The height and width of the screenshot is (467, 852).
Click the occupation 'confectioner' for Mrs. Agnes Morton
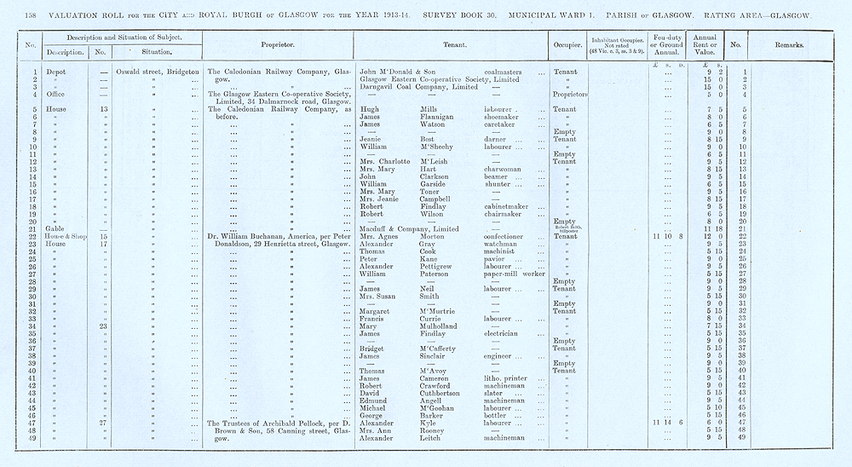(509, 236)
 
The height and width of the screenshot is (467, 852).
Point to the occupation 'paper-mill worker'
(517, 274)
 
